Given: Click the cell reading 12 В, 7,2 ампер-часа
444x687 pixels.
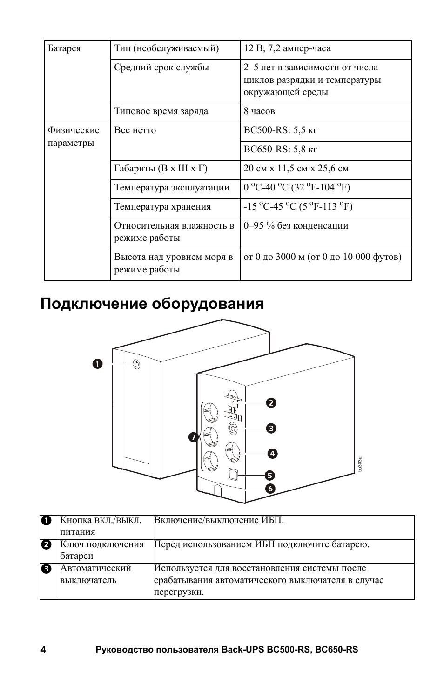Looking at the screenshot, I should (287, 48).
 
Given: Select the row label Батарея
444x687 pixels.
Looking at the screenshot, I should (64, 48).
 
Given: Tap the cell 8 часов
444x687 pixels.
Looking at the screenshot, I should (259, 111).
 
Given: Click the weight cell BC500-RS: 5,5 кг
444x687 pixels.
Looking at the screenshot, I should (280, 130).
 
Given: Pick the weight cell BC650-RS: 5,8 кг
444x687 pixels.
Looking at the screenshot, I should (280, 150).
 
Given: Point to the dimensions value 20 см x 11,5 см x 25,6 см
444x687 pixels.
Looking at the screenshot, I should (296, 169).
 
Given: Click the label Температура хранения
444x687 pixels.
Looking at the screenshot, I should (162, 207).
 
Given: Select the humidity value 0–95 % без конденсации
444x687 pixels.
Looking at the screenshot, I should (296, 226).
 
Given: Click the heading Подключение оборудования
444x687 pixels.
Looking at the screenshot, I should (152, 304).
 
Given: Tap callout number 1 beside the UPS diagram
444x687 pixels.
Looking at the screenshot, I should (97, 364).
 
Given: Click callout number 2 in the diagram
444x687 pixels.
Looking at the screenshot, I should (271, 403).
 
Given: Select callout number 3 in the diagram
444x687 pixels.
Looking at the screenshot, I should (271, 428).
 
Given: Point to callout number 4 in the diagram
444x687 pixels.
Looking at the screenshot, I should (271, 453).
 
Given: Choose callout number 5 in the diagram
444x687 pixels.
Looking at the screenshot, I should (270, 476).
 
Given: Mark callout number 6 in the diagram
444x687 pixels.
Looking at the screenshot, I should (270, 489).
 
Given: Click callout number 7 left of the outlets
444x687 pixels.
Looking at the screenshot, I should (193, 437).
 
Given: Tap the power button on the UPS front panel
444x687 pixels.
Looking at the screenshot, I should (136, 364).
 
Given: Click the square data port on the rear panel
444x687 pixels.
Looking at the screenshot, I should (233, 473).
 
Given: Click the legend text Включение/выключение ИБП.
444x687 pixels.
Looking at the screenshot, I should (219, 520).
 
